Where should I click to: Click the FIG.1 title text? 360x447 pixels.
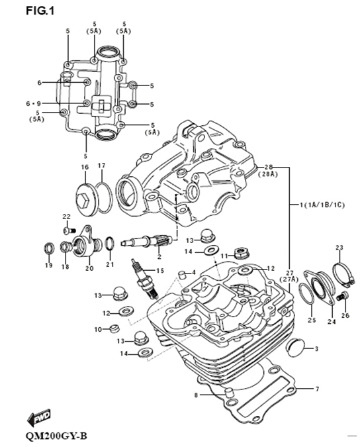40,11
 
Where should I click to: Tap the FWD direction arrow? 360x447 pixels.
39,418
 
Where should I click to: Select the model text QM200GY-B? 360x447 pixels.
56,436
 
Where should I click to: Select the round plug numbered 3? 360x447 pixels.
294,347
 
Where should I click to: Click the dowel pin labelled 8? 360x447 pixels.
229,393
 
